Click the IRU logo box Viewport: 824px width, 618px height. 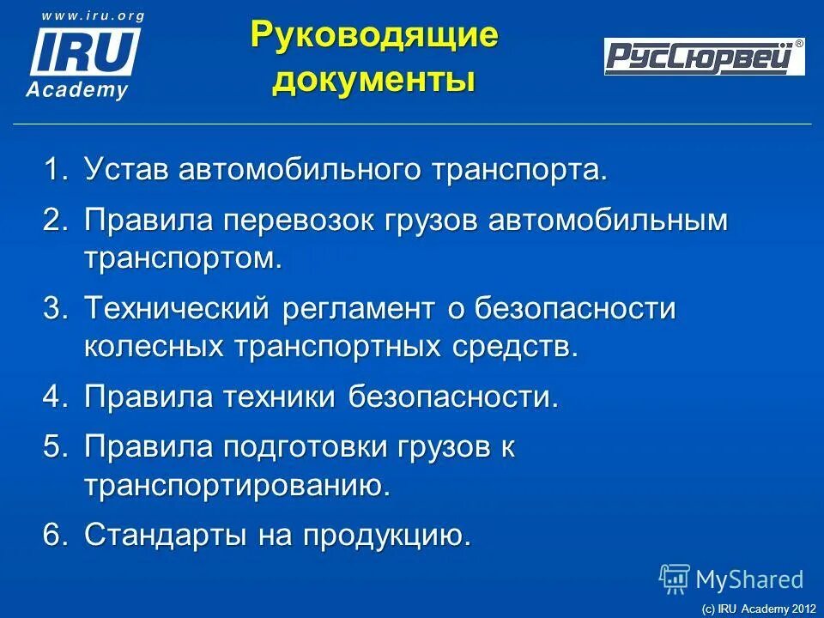85,51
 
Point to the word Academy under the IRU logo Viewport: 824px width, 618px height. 77,90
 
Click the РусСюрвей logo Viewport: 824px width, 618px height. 704,57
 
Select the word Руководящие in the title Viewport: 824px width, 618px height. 373,36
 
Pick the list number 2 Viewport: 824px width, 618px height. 54,221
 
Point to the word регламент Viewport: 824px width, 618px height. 361,309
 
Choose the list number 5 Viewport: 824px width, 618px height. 54,447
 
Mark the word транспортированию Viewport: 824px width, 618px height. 237,487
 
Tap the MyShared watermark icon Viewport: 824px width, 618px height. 675,579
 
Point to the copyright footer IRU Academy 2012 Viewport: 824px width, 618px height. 758,608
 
